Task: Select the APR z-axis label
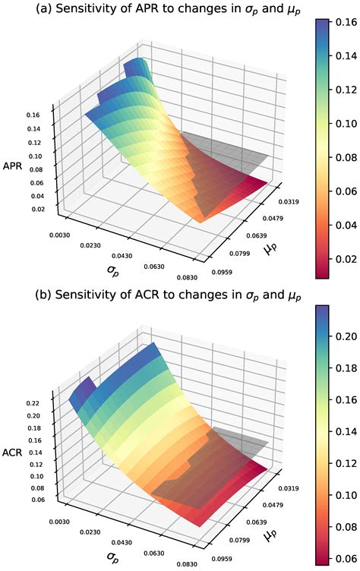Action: (13, 166)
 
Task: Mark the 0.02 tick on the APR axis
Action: (33, 209)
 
